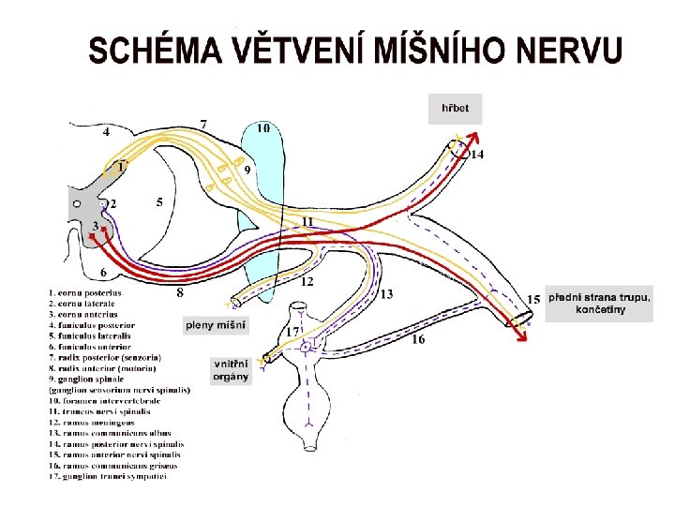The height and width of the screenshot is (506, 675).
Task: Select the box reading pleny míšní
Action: pyautogui.click(x=217, y=325)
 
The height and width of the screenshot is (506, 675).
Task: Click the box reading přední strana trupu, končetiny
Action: pyautogui.click(x=599, y=303)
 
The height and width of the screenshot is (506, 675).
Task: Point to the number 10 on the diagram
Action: pyautogui.click(x=264, y=127)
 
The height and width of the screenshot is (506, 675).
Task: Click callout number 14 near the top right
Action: pyautogui.click(x=477, y=154)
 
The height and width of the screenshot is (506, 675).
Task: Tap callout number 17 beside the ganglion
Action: pyautogui.click(x=293, y=332)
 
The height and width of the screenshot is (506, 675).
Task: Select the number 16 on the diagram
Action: pyautogui.click(x=418, y=339)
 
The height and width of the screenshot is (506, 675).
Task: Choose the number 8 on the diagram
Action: pyautogui.click(x=180, y=293)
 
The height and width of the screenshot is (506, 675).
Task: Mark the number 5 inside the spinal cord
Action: pyautogui.click(x=160, y=201)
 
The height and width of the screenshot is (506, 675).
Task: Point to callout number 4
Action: pyautogui.click(x=106, y=132)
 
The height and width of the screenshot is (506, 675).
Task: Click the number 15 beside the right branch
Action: pyautogui.click(x=533, y=298)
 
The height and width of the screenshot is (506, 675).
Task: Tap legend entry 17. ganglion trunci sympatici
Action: pyautogui.click(x=109, y=475)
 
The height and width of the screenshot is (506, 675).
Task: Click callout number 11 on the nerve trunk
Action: pyautogui.click(x=307, y=221)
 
